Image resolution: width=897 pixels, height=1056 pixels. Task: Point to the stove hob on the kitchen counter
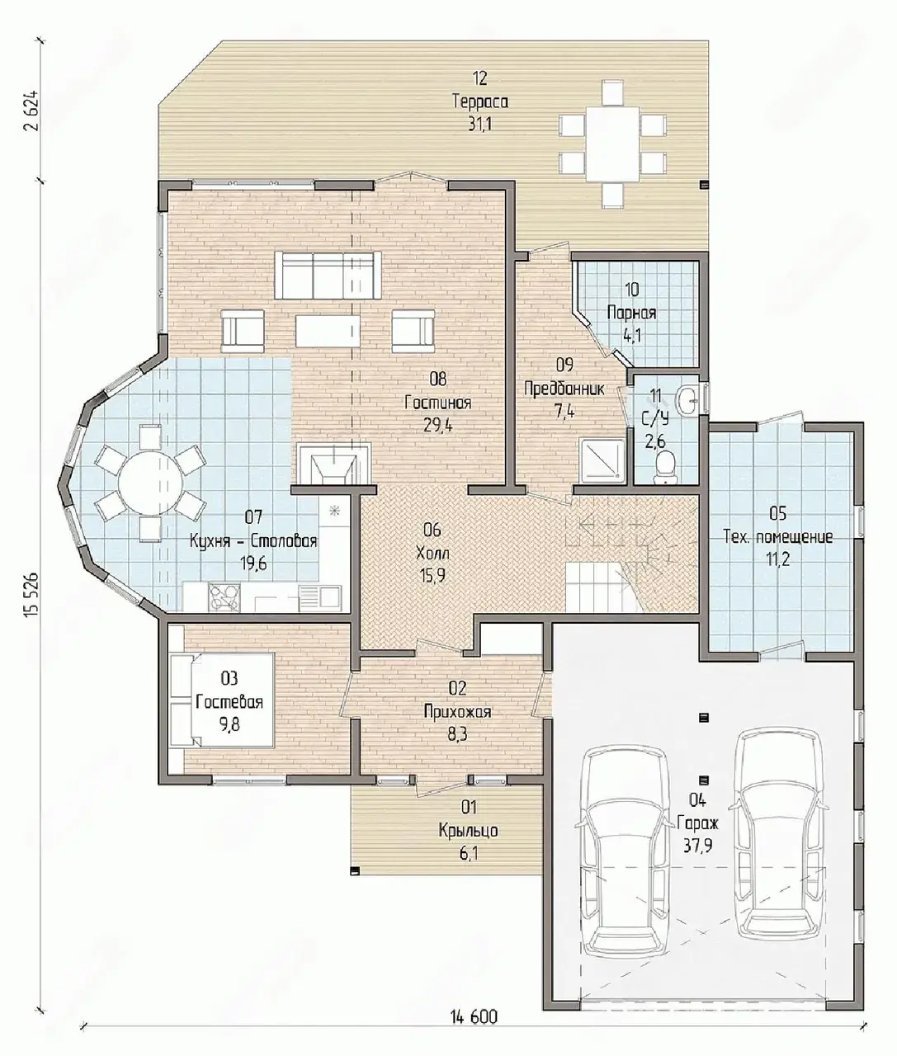[x=224, y=596]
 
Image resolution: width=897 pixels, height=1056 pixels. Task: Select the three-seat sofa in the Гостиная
[x=328, y=275]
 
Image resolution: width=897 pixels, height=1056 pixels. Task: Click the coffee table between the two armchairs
[x=327, y=331]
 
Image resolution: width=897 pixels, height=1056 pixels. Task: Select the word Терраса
[x=480, y=101]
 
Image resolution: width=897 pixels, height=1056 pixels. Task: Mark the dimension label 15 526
[x=31, y=595]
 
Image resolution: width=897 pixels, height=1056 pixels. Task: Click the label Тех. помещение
[x=778, y=537]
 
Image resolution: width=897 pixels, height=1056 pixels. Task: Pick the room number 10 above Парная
[x=632, y=290]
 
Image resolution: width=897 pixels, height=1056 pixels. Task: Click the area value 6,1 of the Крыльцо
[x=469, y=853]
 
